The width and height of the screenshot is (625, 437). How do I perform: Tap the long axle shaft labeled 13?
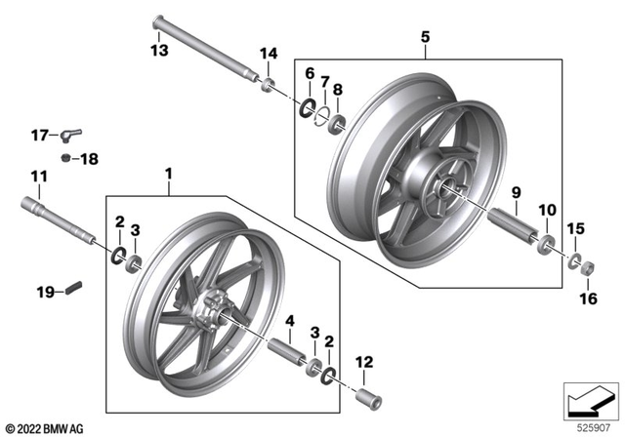[205, 50]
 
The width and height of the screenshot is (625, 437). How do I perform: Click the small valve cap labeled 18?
[63, 158]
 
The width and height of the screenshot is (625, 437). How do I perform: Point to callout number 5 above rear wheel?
[425, 37]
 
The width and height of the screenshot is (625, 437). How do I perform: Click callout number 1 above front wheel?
[168, 174]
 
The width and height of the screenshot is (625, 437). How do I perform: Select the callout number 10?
[546, 210]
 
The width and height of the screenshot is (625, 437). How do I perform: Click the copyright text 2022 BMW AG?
[45, 426]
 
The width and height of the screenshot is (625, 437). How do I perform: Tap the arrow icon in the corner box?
[590, 400]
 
